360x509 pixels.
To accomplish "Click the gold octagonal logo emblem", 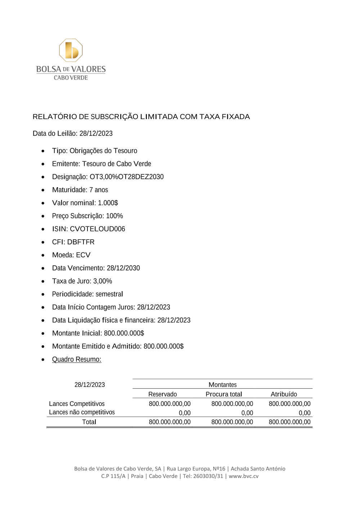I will point(71,50).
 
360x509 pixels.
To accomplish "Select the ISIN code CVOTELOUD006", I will point(97,229).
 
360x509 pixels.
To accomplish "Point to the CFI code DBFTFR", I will point(81,242).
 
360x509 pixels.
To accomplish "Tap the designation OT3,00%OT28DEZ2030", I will point(126,177).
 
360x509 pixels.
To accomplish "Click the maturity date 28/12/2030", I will point(123,268).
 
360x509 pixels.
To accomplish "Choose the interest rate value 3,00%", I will point(103,281).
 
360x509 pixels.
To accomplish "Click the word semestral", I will point(109,294).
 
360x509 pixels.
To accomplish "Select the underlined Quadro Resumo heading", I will point(77,359).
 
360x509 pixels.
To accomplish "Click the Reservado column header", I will point(162,394).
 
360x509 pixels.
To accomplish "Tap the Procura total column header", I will point(224,394).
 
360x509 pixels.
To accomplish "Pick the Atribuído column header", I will point(284,394).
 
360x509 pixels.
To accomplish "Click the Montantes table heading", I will point(222,385).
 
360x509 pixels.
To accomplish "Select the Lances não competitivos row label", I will point(82,412).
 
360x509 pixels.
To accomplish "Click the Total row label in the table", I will point(89,422).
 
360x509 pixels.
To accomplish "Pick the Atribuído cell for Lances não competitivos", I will point(305,413).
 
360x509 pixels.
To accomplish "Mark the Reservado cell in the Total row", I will point(170,422).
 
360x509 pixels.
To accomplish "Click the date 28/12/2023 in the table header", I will point(90,385).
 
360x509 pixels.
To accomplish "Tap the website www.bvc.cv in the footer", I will point(243,476).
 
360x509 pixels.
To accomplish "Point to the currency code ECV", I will point(83,255).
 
